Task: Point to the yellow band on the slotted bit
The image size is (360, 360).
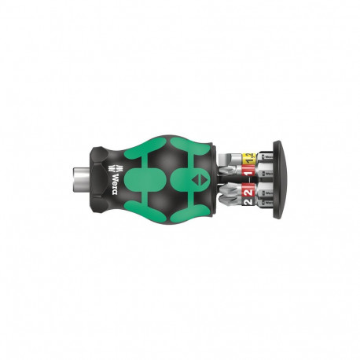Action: click(x=248, y=158)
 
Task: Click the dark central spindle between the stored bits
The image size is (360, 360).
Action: click(x=255, y=181)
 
